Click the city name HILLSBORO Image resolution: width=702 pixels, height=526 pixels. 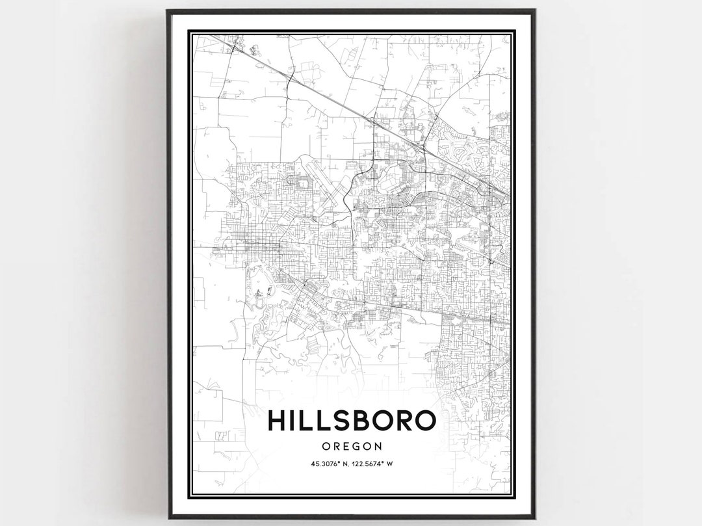pyautogui.click(x=351, y=421)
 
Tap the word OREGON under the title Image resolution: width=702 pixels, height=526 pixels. pyautogui.click(x=351, y=446)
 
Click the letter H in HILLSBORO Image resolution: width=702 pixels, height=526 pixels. pyautogui.click(x=277, y=421)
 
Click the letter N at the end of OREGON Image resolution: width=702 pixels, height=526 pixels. pyautogui.click(x=376, y=446)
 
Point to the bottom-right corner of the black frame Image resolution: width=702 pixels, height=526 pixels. pyautogui.click(x=534, y=518)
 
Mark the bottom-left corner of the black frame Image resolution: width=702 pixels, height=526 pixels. pyautogui.click(x=168, y=518)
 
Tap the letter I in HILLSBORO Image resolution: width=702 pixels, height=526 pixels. pyautogui.click(x=295, y=421)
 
